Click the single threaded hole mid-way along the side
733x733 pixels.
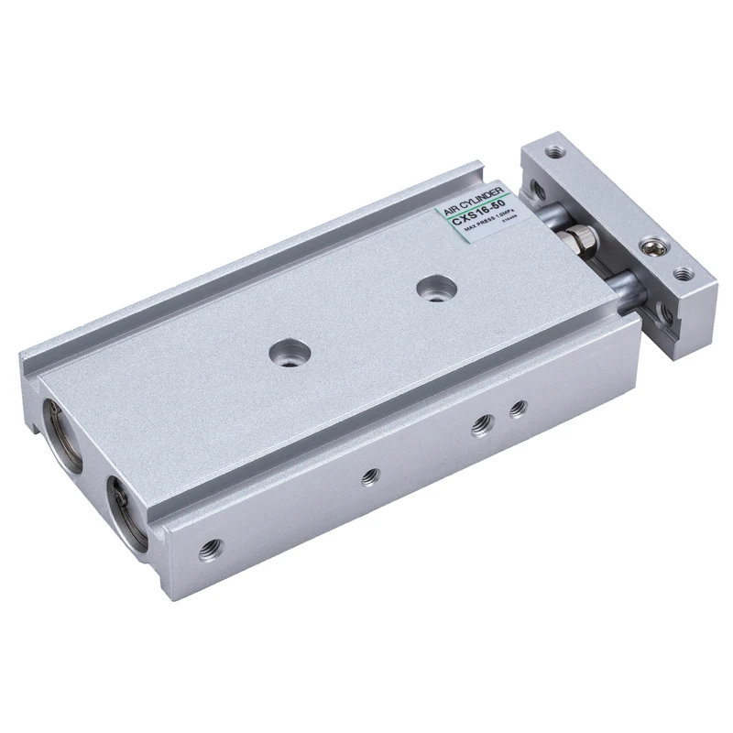coord(370,476)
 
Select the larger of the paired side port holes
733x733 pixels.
coord(478,422)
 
